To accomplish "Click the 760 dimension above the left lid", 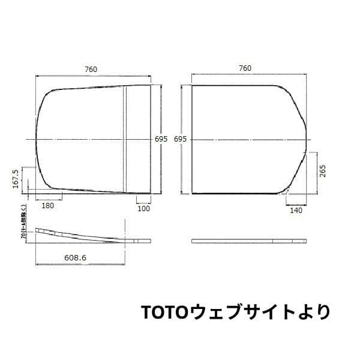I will [91, 69].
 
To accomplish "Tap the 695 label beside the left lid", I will [161, 139].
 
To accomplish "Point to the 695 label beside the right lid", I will [181, 139].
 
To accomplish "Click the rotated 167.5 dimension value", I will [16, 179].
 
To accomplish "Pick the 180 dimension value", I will [48, 205].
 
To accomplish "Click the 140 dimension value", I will [296, 210].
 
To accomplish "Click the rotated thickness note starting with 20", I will [23, 223].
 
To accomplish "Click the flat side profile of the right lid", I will [249, 241].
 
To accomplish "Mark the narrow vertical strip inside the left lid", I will [125, 139].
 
